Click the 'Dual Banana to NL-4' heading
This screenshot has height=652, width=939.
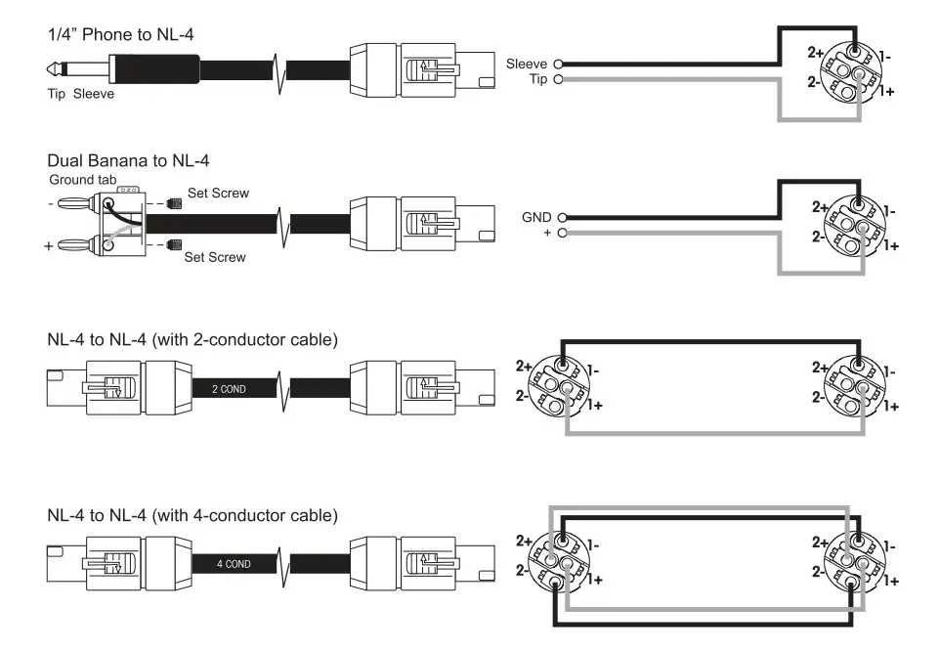pyautogui.click(x=128, y=160)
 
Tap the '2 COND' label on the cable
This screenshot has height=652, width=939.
pyautogui.click(x=228, y=389)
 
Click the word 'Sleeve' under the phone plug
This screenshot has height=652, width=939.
pyautogui.click(x=94, y=95)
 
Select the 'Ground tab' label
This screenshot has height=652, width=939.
pyautogui.click(x=83, y=180)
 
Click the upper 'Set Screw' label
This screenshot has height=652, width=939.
pyautogui.click(x=217, y=194)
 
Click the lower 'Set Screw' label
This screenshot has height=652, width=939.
pyautogui.click(x=215, y=257)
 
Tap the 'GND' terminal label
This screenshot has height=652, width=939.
pyautogui.click(x=536, y=217)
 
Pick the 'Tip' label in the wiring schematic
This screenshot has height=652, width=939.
pyautogui.click(x=538, y=79)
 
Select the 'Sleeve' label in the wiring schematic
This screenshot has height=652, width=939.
pyautogui.click(x=527, y=64)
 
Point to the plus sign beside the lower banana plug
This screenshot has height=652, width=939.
pyautogui.click(x=49, y=247)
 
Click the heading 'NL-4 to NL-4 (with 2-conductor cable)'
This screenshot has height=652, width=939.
pyautogui.click(x=192, y=340)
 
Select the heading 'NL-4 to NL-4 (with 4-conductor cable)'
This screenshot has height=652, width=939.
pyautogui.click(x=192, y=514)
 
